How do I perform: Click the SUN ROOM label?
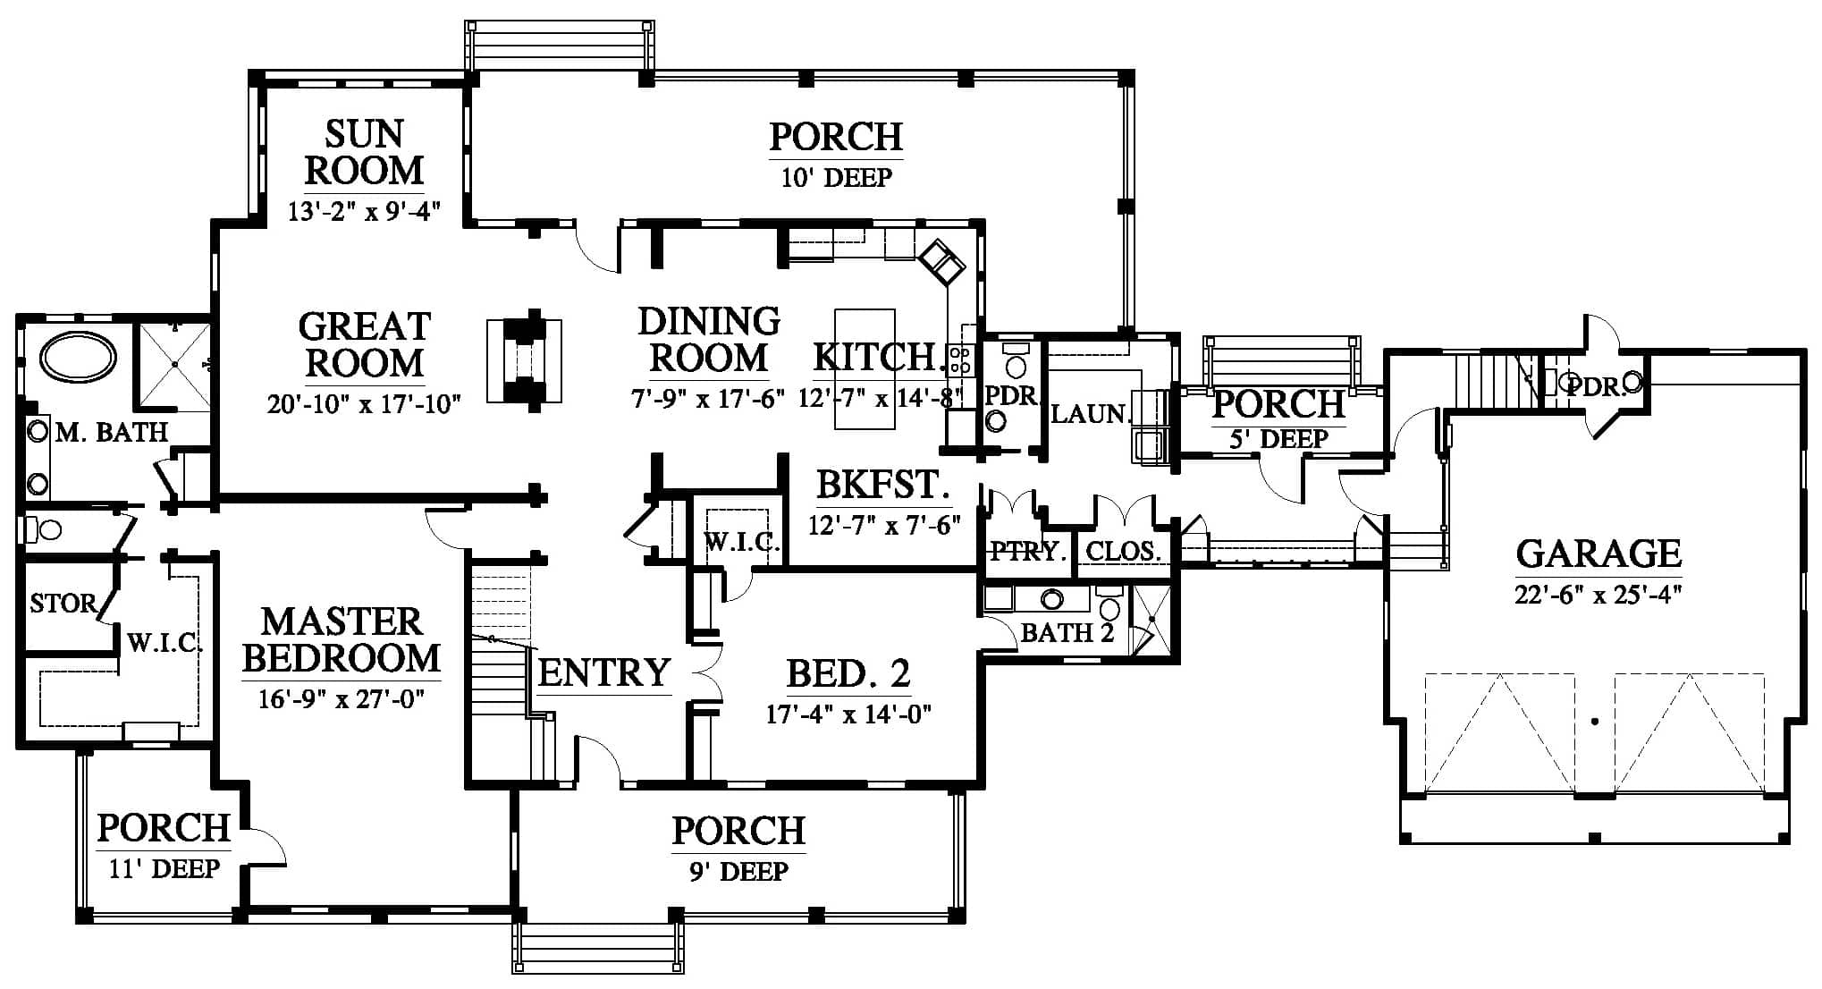point(364,152)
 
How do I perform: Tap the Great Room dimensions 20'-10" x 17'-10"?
point(364,404)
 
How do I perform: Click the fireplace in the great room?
point(525,360)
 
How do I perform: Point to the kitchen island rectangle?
point(865,369)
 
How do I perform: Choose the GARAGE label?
point(1598,554)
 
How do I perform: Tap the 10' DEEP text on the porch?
point(836,178)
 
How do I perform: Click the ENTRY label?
point(604,672)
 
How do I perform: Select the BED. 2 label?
point(848,673)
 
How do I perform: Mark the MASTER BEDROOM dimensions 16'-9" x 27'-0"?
point(341,698)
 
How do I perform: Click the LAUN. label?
point(1091,414)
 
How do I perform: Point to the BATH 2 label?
point(1067,633)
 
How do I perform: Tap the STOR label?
point(63,604)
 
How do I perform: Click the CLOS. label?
point(1124,552)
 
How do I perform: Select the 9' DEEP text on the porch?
point(738,871)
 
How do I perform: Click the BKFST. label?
point(882,486)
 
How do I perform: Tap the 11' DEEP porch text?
point(164,868)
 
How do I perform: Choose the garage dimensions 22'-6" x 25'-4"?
point(1598,595)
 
